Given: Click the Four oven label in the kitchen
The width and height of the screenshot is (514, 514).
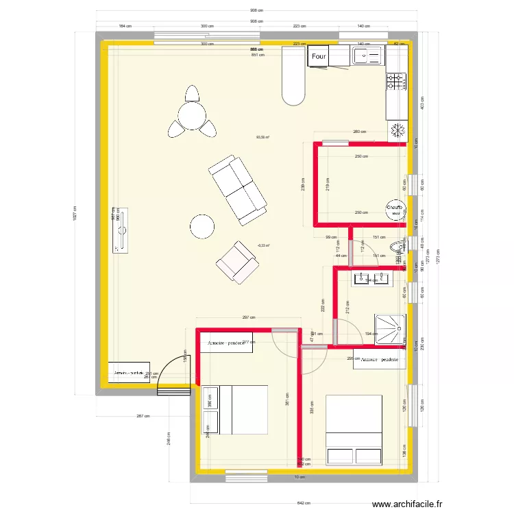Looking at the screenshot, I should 319,57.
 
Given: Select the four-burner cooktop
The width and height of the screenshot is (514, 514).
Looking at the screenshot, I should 395,83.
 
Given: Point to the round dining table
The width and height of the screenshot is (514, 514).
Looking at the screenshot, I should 192,114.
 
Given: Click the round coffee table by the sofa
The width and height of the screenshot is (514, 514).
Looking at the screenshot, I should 203,226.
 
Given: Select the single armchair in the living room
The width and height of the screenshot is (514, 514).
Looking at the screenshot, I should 236,262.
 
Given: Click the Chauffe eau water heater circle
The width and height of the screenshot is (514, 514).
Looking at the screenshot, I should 395,209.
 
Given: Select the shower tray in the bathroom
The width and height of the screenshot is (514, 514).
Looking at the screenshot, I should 389,329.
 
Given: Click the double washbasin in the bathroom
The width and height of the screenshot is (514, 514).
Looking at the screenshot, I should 371,278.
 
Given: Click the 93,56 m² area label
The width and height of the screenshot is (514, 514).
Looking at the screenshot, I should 262,137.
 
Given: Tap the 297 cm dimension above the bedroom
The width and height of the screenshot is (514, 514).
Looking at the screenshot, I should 248,318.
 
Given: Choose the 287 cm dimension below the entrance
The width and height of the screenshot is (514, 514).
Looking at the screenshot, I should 143,416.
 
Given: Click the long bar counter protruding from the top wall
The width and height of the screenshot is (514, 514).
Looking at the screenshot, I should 293,75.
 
